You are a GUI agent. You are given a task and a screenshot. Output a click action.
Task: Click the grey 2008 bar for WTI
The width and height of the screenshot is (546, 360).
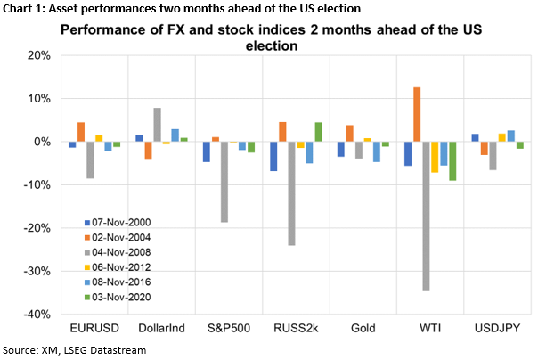[x=426, y=216]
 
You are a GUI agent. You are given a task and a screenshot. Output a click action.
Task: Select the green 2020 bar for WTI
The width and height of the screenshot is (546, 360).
[x=453, y=161]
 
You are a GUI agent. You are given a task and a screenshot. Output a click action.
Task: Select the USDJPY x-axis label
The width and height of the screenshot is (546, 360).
[x=492, y=329]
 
